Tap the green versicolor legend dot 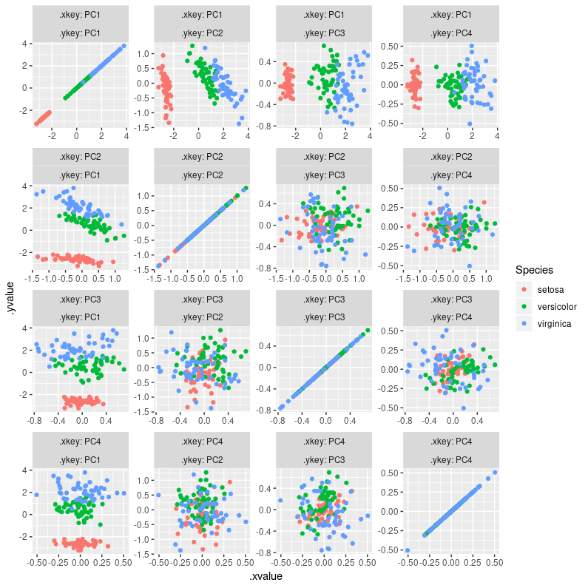[524, 305]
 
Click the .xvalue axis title [266, 575]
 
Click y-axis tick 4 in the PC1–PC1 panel [25, 44]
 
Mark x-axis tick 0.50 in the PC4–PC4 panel [493, 562]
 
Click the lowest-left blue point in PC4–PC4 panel [408, 550]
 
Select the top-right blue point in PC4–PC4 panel [494, 473]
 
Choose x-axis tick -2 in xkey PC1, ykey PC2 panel [174, 136]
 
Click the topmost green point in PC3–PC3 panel [368, 330]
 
